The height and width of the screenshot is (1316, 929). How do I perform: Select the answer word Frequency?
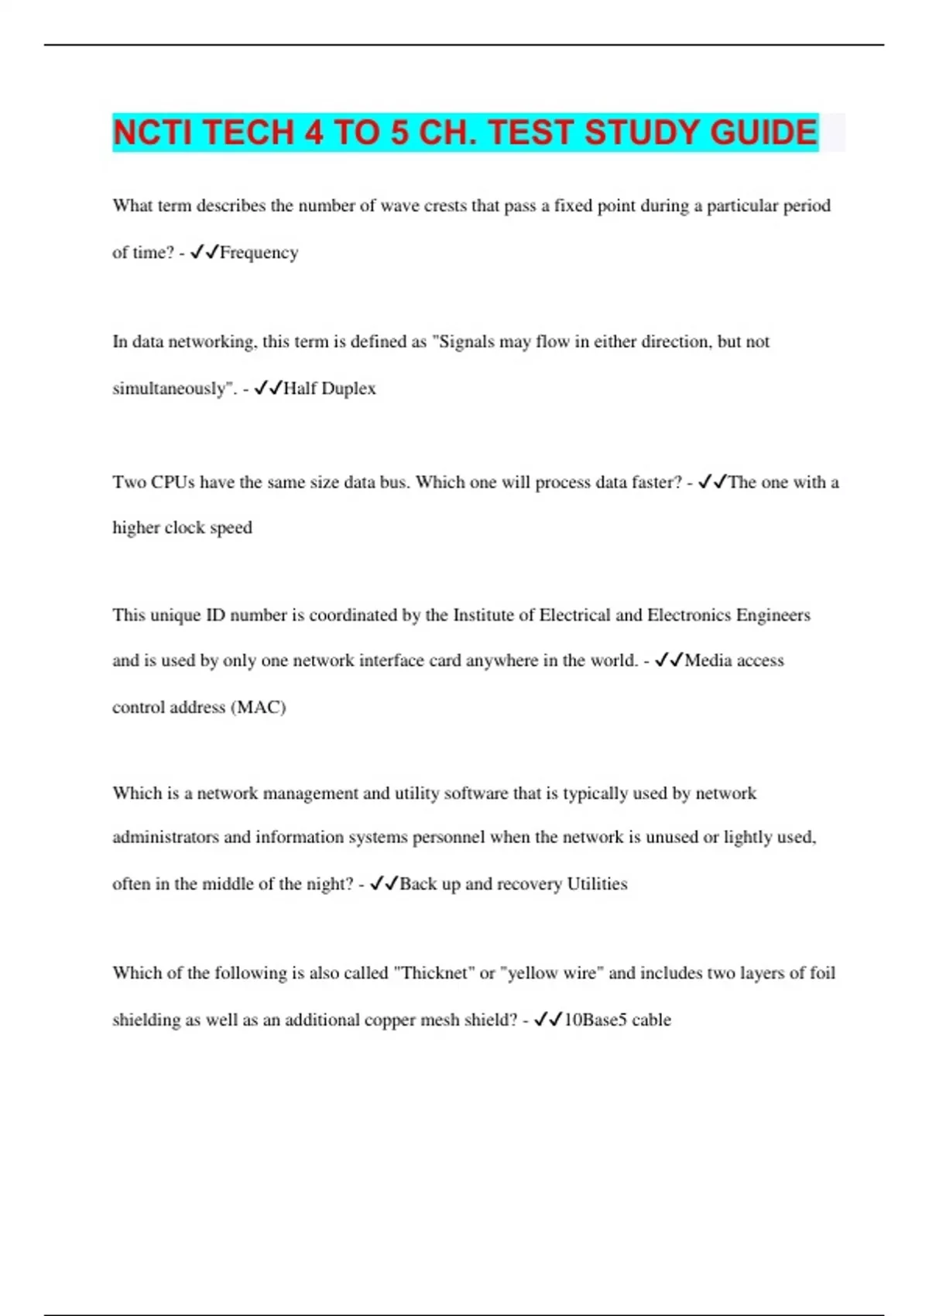tap(259, 252)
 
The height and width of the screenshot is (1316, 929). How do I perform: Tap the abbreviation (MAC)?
tap(259, 708)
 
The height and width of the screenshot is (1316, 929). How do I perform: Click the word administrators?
tap(166, 838)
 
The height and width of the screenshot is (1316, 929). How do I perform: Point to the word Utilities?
tap(597, 884)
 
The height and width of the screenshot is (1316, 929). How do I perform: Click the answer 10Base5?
tap(595, 1020)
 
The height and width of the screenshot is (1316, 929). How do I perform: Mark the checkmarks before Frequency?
tap(204, 252)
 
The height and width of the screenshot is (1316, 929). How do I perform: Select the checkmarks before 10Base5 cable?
tap(549, 1020)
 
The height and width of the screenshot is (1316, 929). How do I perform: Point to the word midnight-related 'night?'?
tap(331, 884)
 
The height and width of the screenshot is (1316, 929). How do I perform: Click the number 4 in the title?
tap(314, 132)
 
